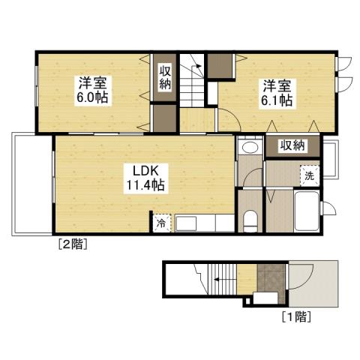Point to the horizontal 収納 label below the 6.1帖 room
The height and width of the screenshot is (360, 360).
click(293, 145)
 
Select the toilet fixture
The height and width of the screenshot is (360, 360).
click(251, 219)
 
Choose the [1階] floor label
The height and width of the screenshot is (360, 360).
click(297, 316)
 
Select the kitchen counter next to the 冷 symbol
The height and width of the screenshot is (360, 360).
click(199, 223)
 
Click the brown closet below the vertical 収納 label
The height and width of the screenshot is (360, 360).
click(164, 119)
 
